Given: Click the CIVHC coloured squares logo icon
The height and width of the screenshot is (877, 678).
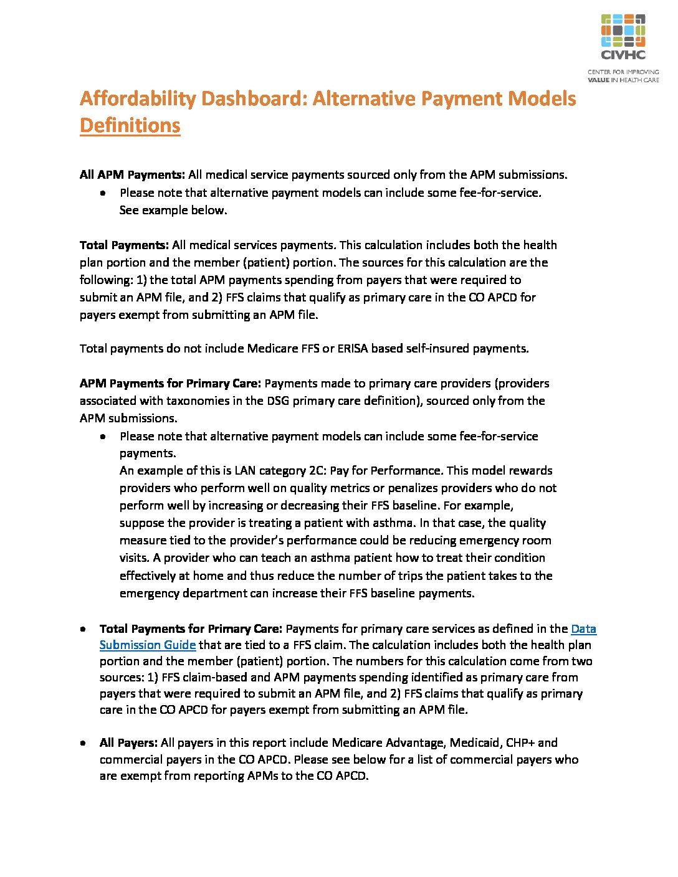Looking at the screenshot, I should (623, 31).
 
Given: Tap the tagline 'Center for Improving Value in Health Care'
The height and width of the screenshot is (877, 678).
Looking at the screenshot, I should (623, 76).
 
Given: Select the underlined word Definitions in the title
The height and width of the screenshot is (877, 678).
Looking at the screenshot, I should (130, 126).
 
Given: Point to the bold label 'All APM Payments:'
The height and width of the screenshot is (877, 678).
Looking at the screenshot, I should (132, 175).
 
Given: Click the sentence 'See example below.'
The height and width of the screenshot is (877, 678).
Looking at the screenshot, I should (173, 211).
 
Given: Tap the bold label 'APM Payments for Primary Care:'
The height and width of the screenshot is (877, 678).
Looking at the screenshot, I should (170, 384).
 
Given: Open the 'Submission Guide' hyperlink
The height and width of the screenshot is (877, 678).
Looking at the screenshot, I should (148, 645).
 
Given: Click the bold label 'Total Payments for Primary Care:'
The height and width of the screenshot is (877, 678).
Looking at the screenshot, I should (191, 629).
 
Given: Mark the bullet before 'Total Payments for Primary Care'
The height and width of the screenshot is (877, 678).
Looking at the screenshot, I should (83, 630).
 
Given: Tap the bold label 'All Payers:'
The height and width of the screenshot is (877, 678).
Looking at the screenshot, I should (128, 743).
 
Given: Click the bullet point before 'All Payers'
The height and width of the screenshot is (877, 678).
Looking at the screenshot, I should (83, 744).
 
